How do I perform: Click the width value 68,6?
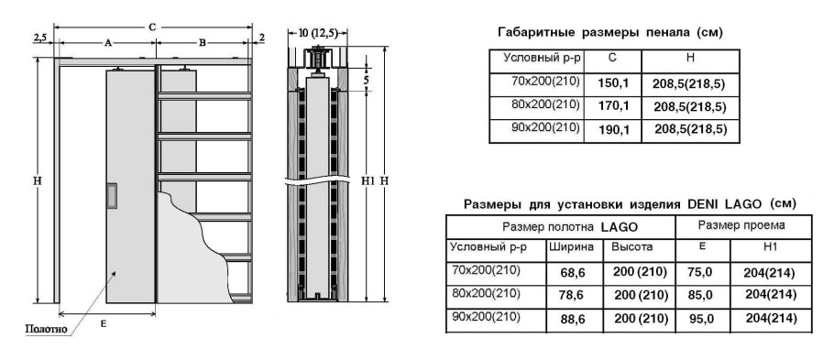(x=572, y=273)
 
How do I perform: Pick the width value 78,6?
(x=572, y=295)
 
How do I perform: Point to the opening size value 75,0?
(x=700, y=272)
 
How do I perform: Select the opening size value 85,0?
(x=700, y=295)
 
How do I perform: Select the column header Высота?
(x=632, y=247)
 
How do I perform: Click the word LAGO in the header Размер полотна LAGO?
(x=620, y=225)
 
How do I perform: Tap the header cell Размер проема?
(x=741, y=224)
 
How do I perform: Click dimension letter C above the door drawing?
(x=152, y=27)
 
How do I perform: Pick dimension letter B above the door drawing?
(x=202, y=42)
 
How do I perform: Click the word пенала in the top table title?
(x=653, y=32)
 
